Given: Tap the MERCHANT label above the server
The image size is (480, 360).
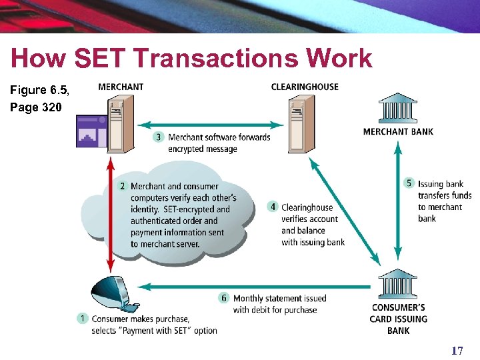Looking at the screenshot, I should coord(121,87).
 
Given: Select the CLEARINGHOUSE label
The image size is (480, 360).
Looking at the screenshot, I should coord(305,87).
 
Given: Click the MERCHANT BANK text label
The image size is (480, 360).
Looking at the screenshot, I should coord(398,131).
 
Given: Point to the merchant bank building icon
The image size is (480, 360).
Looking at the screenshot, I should coord(398,108).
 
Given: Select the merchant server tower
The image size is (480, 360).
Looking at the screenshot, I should coord(121,124).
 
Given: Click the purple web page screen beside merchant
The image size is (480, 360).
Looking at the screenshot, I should coord(91,131).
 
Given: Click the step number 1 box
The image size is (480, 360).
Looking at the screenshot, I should coord(83,319).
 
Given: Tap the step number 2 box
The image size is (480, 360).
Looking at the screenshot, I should coord(123,186).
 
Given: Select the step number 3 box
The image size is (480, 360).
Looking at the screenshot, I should coord(159,137).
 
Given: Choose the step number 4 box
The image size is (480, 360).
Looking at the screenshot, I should coord(273,207).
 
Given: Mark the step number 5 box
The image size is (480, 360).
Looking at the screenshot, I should coord(409,183).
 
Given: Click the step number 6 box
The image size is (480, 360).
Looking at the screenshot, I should coord(225,298).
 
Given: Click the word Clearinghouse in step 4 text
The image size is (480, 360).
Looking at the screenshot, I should coord(307,207).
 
